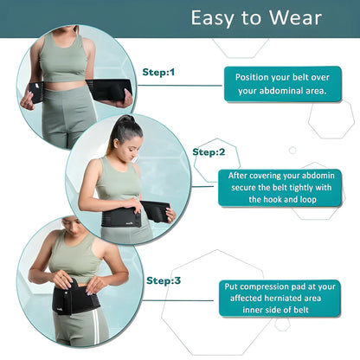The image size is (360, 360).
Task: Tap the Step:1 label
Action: coord(158,72)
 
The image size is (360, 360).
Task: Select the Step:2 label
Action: coord(209,151)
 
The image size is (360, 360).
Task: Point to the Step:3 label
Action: coord(164,280)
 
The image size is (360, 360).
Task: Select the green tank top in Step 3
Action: coord(73,259)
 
